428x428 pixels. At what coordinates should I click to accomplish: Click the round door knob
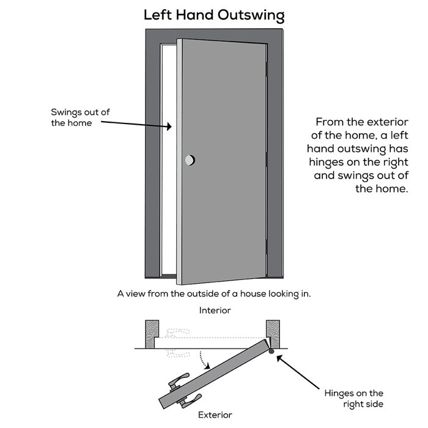[x=190, y=160]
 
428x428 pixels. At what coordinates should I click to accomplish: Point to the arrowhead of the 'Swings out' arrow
[x=170, y=128]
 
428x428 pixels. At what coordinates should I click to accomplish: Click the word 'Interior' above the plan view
[x=215, y=311]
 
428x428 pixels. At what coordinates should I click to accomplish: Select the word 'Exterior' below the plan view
[x=215, y=415]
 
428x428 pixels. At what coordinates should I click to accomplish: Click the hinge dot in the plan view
[x=271, y=350]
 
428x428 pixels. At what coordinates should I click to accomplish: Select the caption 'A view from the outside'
[x=214, y=293]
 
